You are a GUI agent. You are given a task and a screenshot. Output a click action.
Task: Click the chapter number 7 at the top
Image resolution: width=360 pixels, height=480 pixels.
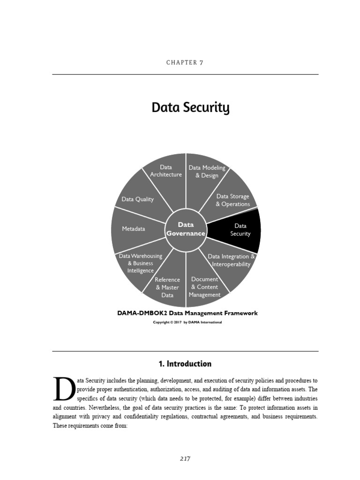point(201,62)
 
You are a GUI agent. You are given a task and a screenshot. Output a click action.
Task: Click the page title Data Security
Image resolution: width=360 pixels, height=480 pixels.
point(190,108)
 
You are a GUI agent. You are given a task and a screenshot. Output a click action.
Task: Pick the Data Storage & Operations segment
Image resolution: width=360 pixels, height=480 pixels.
point(232,200)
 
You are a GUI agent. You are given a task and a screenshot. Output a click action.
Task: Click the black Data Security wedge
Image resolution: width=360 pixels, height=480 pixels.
point(240,230)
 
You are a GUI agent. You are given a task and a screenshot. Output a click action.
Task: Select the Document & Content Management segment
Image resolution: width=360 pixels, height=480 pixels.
point(205,287)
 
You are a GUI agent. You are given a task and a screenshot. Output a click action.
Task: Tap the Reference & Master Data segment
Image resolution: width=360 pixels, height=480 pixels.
point(167,287)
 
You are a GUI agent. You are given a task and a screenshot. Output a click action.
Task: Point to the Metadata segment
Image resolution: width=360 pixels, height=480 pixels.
point(134,229)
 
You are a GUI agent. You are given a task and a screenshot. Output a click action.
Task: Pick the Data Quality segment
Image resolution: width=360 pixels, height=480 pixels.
point(138,199)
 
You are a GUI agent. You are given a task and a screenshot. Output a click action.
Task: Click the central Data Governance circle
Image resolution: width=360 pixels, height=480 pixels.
point(186,229)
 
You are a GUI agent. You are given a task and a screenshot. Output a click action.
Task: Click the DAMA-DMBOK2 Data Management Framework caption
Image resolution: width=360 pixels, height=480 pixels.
point(187,313)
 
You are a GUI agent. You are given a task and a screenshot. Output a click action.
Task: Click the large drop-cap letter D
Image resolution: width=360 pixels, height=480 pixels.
point(63,389)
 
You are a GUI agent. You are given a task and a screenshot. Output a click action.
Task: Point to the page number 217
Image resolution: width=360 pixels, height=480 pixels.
point(185,458)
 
